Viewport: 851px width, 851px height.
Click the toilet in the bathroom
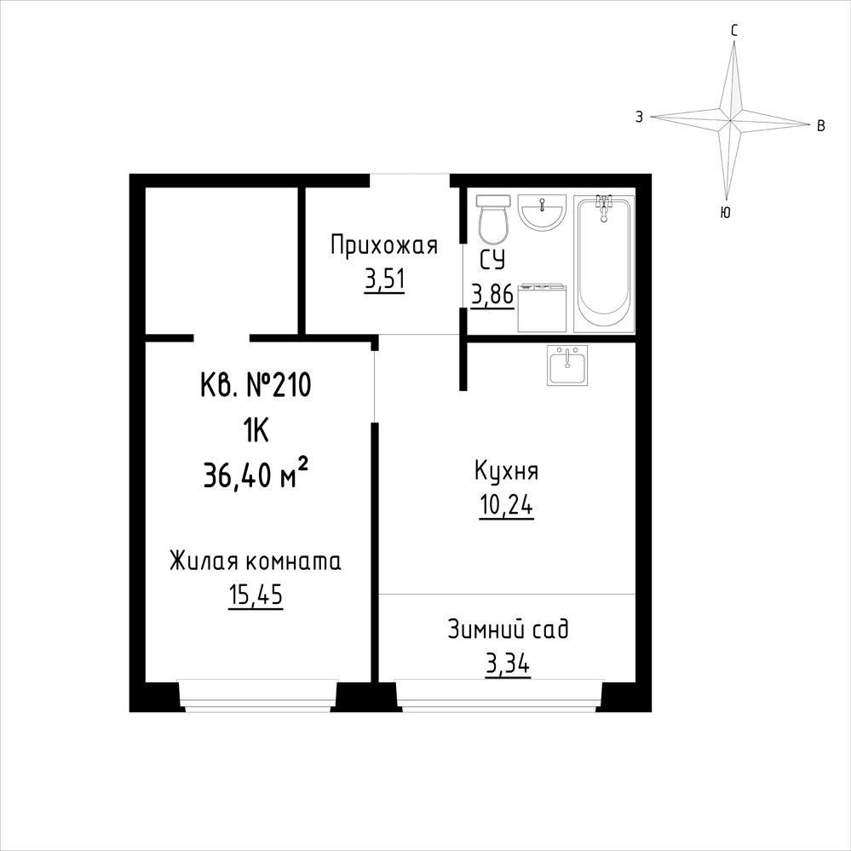coord(493,220)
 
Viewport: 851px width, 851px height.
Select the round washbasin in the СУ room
coord(542,211)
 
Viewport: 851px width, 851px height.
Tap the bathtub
coord(604,262)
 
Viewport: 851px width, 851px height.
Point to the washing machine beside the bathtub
coord(542,308)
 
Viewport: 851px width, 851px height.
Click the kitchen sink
coord(567,365)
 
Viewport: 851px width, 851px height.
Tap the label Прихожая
coord(383,246)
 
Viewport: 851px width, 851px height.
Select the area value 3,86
coord(492,296)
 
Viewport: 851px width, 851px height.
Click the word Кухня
coord(506,471)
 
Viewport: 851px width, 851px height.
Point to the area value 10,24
coord(506,506)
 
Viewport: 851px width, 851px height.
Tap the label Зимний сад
coord(508,630)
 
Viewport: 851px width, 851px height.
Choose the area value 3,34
coord(508,664)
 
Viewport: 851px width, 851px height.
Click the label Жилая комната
coord(255,561)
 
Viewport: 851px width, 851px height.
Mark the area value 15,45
coord(255,596)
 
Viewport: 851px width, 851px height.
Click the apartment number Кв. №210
coord(256,386)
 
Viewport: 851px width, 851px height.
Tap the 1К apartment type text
coord(256,432)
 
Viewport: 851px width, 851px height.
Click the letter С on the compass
coord(733,31)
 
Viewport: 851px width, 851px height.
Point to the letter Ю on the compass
coord(725,213)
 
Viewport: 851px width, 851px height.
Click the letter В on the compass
coord(821,126)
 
